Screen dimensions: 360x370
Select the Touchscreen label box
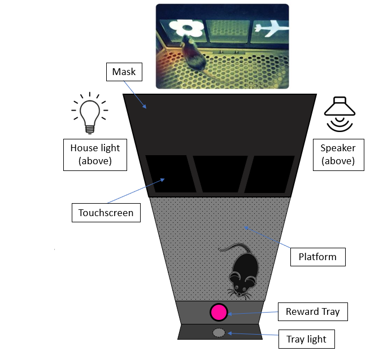click(106, 213)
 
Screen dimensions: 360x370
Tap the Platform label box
click(317, 257)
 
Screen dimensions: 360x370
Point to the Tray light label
click(306, 339)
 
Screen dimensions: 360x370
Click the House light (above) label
click(95, 155)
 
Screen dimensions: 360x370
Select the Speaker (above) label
click(337, 155)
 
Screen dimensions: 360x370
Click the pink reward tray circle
click(218, 311)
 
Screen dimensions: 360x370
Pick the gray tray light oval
click(218, 333)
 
